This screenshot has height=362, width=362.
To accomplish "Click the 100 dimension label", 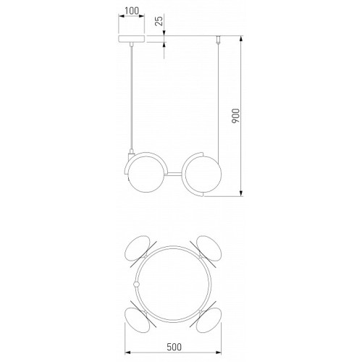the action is (x=132, y=11).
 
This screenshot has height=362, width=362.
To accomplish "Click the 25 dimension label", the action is (x=159, y=21).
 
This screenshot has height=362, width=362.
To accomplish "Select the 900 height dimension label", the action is (x=235, y=116).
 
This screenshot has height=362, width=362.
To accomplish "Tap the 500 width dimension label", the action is (x=174, y=347).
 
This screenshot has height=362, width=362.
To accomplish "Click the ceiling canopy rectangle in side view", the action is (x=132, y=39).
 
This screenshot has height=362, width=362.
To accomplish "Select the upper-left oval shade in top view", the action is (x=138, y=248).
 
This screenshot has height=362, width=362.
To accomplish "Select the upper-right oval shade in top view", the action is (x=209, y=248).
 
